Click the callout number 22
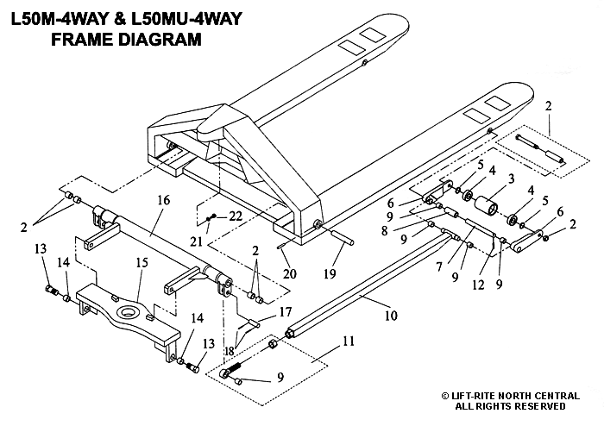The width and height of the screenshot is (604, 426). (x=234, y=216)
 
